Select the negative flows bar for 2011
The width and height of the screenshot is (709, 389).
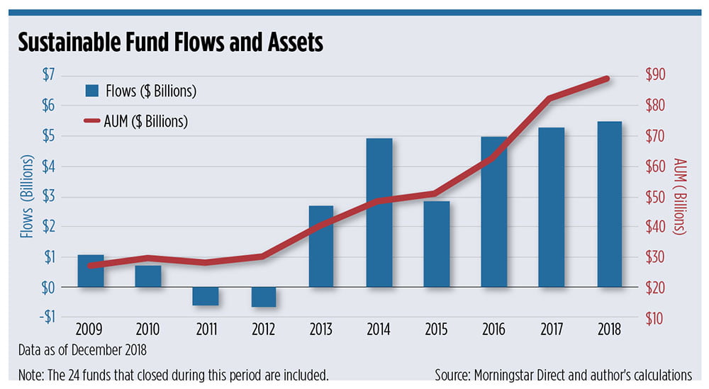(x=206, y=296)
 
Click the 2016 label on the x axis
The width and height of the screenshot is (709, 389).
(x=494, y=329)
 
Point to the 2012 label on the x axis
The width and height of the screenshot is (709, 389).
(x=263, y=329)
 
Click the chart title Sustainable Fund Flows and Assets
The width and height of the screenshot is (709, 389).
(x=170, y=43)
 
